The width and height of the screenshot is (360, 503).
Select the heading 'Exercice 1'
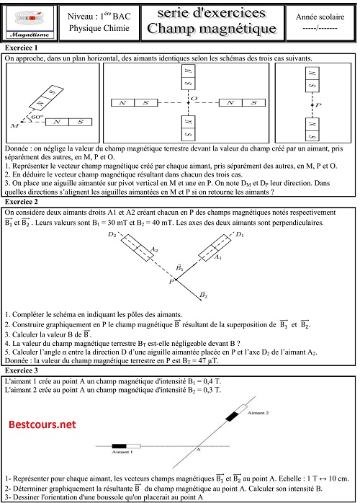(x=22, y=48)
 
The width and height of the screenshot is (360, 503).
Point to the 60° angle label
(x=33, y=116)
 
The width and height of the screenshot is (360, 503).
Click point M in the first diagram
(x=14, y=126)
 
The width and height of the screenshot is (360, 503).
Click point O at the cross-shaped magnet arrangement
(x=192, y=98)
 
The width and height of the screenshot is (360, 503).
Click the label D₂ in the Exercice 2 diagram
(x=112, y=235)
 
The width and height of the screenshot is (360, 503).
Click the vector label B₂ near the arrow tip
(x=204, y=295)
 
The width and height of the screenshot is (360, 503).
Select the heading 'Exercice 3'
(x=22, y=370)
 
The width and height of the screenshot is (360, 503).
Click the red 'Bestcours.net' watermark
(x=42, y=424)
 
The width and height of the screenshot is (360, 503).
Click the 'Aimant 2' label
(x=257, y=414)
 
